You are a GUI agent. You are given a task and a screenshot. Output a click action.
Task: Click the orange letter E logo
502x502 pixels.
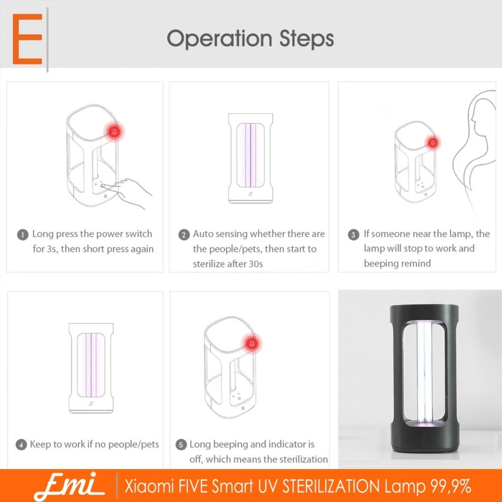coord(27,39)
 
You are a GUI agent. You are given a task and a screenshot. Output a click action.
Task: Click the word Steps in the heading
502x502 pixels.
coord(306,39)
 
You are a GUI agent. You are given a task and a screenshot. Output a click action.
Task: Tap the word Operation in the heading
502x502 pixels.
coord(219,39)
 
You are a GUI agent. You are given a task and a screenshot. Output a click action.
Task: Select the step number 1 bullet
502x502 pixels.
coord(22,235)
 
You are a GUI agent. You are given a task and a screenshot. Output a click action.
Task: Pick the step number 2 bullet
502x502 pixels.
coord(184,235)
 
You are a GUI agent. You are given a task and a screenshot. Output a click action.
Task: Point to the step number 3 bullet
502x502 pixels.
coord(353,235)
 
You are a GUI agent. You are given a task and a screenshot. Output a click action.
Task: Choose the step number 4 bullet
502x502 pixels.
coord(21,445)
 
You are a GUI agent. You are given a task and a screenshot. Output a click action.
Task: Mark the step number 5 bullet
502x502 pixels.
coord(181,445)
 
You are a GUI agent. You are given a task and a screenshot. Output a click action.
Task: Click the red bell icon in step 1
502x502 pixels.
coord(114,132)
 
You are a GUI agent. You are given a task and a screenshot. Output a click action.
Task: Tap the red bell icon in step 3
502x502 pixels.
coord(433,142)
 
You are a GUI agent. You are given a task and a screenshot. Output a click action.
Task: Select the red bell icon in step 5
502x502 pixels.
coord(252,344)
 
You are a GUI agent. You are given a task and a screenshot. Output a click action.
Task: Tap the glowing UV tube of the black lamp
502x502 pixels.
coord(423,374)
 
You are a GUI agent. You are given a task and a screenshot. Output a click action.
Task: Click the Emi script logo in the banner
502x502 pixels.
coord(68,485)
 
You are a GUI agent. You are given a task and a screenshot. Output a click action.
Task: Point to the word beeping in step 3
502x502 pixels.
coord(380,263)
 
